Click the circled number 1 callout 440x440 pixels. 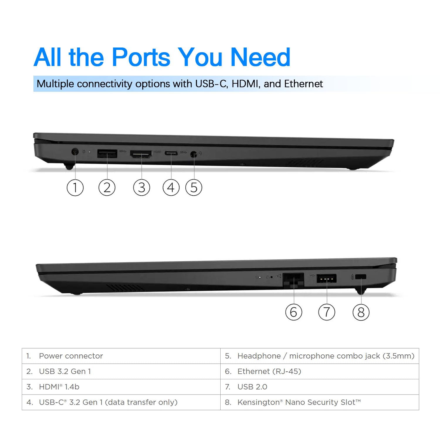tap(75, 187)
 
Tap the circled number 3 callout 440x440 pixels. tap(142, 187)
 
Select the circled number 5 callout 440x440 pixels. tap(194, 187)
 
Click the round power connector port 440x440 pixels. tap(75, 152)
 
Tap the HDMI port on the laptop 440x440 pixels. tap(141, 154)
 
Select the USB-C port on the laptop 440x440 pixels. tap(171, 153)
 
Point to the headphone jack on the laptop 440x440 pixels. tap(193, 153)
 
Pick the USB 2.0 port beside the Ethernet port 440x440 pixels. tap(326, 278)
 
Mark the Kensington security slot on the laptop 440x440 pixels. tap(361, 277)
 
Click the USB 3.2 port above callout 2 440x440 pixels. tap(107, 153)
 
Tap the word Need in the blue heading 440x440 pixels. tap(260, 57)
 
